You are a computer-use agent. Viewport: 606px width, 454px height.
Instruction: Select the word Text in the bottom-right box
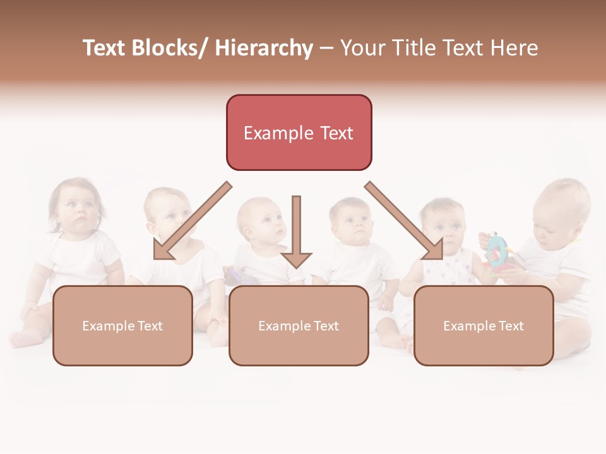tap(510, 326)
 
